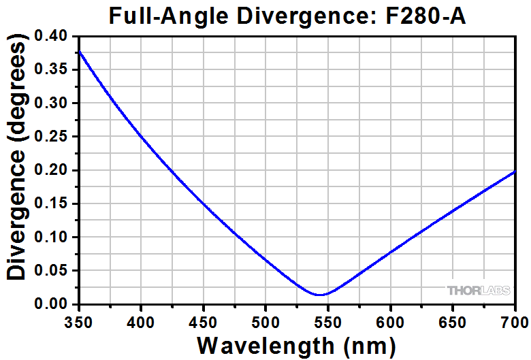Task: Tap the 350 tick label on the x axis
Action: (x=80, y=318)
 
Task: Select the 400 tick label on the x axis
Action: (x=140, y=318)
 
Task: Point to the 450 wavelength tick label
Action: (x=203, y=318)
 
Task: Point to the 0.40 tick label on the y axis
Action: (x=56, y=36)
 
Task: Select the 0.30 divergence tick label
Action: (x=56, y=103)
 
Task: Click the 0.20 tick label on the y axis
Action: (x=56, y=170)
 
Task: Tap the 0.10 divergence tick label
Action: (x=56, y=238)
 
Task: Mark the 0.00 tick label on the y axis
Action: (x=56, y=304)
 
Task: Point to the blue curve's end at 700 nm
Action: (x=515, y=171)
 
